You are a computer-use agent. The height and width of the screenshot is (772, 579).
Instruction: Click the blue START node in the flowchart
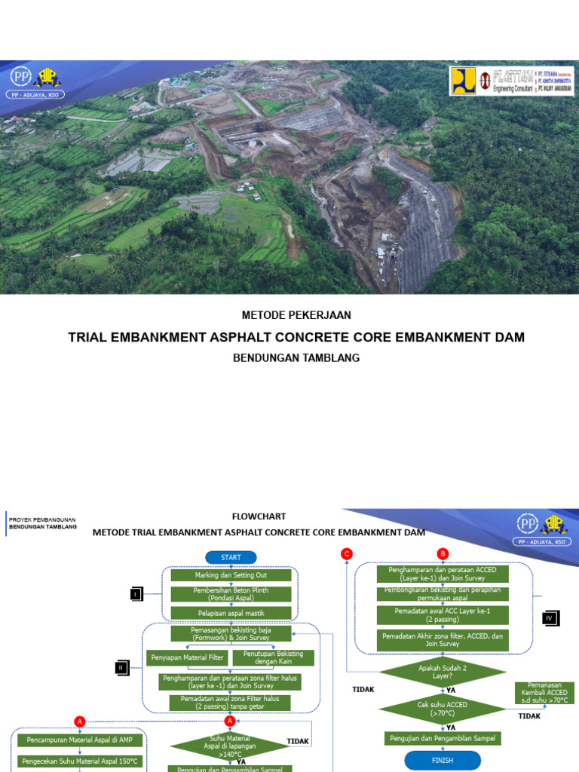231,557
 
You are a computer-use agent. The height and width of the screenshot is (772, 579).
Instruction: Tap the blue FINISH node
442,760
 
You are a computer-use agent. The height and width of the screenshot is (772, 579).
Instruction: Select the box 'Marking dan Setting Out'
231,574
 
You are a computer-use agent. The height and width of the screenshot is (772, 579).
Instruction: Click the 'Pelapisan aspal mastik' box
231,611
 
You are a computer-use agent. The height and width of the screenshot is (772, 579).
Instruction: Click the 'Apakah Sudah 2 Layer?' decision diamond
442,672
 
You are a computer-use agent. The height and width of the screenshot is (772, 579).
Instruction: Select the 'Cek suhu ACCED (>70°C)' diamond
442,709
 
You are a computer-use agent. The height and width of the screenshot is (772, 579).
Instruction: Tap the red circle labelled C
347,554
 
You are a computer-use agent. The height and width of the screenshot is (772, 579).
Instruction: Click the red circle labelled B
443,554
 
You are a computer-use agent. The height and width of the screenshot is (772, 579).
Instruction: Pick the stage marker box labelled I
136,593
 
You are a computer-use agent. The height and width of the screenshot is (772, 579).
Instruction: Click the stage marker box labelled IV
550,618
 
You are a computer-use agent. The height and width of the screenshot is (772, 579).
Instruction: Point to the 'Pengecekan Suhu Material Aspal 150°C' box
80,761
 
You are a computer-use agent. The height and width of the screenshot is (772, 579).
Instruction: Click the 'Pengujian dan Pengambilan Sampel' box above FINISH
442,738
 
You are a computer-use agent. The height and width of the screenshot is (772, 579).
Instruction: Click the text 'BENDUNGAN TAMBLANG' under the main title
296,358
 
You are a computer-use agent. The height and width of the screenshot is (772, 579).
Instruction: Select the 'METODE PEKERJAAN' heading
296,315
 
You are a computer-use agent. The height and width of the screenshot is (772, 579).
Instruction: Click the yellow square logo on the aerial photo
464,81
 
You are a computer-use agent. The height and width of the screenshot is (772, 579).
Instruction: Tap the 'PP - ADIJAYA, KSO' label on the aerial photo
37,95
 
